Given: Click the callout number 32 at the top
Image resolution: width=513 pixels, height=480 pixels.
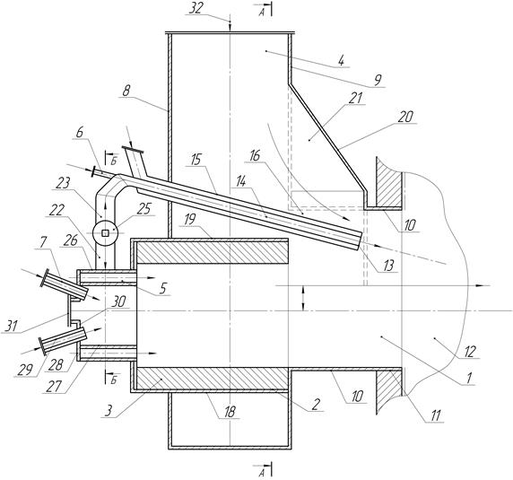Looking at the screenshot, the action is tap(196, 9).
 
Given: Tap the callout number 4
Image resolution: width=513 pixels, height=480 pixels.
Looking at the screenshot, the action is tap(342, 61).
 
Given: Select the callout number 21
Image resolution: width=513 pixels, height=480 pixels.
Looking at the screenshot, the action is tap(356, 98).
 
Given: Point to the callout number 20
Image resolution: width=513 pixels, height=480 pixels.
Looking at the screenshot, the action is tap(405, 118).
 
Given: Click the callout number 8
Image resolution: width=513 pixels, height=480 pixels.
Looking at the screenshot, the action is tap(126, 91).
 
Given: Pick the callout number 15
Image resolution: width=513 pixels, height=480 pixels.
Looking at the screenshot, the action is tap(196, 161).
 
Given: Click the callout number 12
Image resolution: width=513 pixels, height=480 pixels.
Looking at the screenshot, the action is tap(470, 353).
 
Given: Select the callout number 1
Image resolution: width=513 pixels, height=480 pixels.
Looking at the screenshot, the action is tap(468, 379).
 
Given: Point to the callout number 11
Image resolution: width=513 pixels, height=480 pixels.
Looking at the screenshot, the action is tap(437, 415).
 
